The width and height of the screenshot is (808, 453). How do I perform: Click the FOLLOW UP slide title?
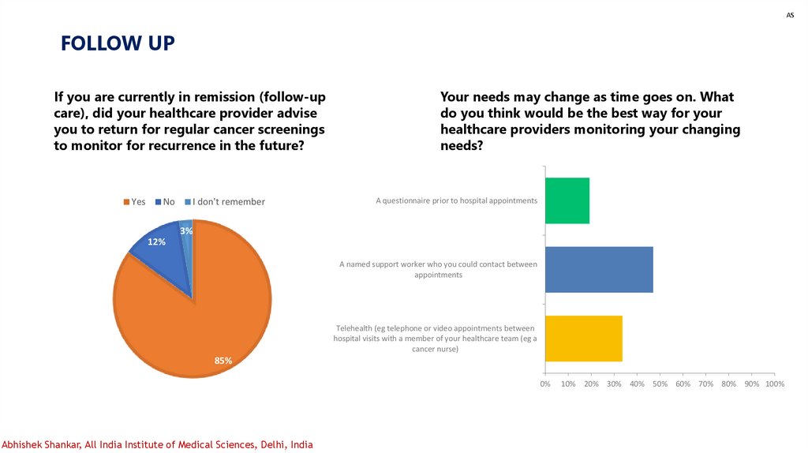118,43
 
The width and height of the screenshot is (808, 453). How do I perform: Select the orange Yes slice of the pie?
205,316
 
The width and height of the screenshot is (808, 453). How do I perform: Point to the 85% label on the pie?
223,361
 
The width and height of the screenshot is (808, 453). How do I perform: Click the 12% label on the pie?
156,241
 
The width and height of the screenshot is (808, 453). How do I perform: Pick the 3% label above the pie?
186,230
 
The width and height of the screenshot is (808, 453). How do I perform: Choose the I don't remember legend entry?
225,202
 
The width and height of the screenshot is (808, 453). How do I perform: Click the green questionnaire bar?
567,200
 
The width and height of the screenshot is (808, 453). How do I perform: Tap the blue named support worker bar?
599,270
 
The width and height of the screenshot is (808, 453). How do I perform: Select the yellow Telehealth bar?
584,339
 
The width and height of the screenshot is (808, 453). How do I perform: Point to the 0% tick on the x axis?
545,384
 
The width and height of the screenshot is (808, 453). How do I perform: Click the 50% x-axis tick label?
660,384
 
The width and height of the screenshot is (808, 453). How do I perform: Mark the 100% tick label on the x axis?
775,384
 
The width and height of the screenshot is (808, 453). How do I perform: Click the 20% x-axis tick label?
591,384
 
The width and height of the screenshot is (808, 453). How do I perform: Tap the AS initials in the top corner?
790,16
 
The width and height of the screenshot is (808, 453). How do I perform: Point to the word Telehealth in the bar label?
356,328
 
